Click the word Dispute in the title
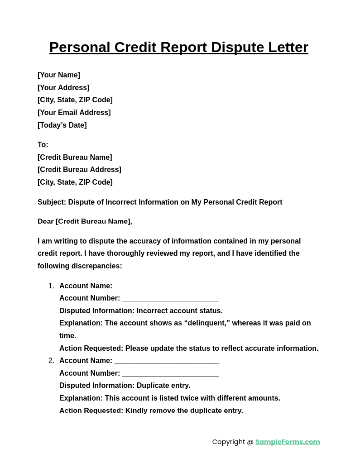coord(237,48)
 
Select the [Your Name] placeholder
coord(59,75)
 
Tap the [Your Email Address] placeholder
coord(74,113)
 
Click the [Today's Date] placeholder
coord(62,125)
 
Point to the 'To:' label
coord(43,145)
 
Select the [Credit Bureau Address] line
coord(79,170)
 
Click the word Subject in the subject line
coord(52,202)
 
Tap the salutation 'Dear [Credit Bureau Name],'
coord(85,221)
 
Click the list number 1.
coord(51,286)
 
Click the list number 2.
coord(51,361)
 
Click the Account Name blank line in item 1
coord(167,287)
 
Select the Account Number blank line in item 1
coord(170,299)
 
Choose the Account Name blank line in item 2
coord(167,361)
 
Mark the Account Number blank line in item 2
coord(170,374)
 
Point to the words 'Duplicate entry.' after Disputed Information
coord(163,386)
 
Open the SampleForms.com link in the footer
coord(288,442)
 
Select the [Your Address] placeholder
coord(63,88)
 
